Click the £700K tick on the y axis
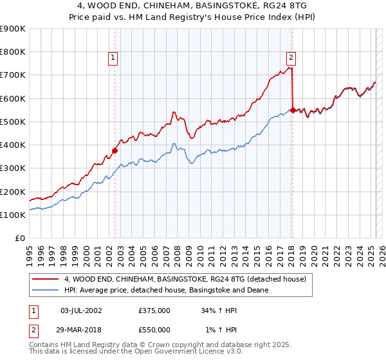pos(13,75)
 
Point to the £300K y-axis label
pos(13,168)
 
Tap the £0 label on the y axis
pos(20,239)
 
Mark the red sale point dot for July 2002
pos(115,151)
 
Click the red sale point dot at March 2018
pos(293,110)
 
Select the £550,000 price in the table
pos(154,329)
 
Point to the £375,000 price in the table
pos(154,310)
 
